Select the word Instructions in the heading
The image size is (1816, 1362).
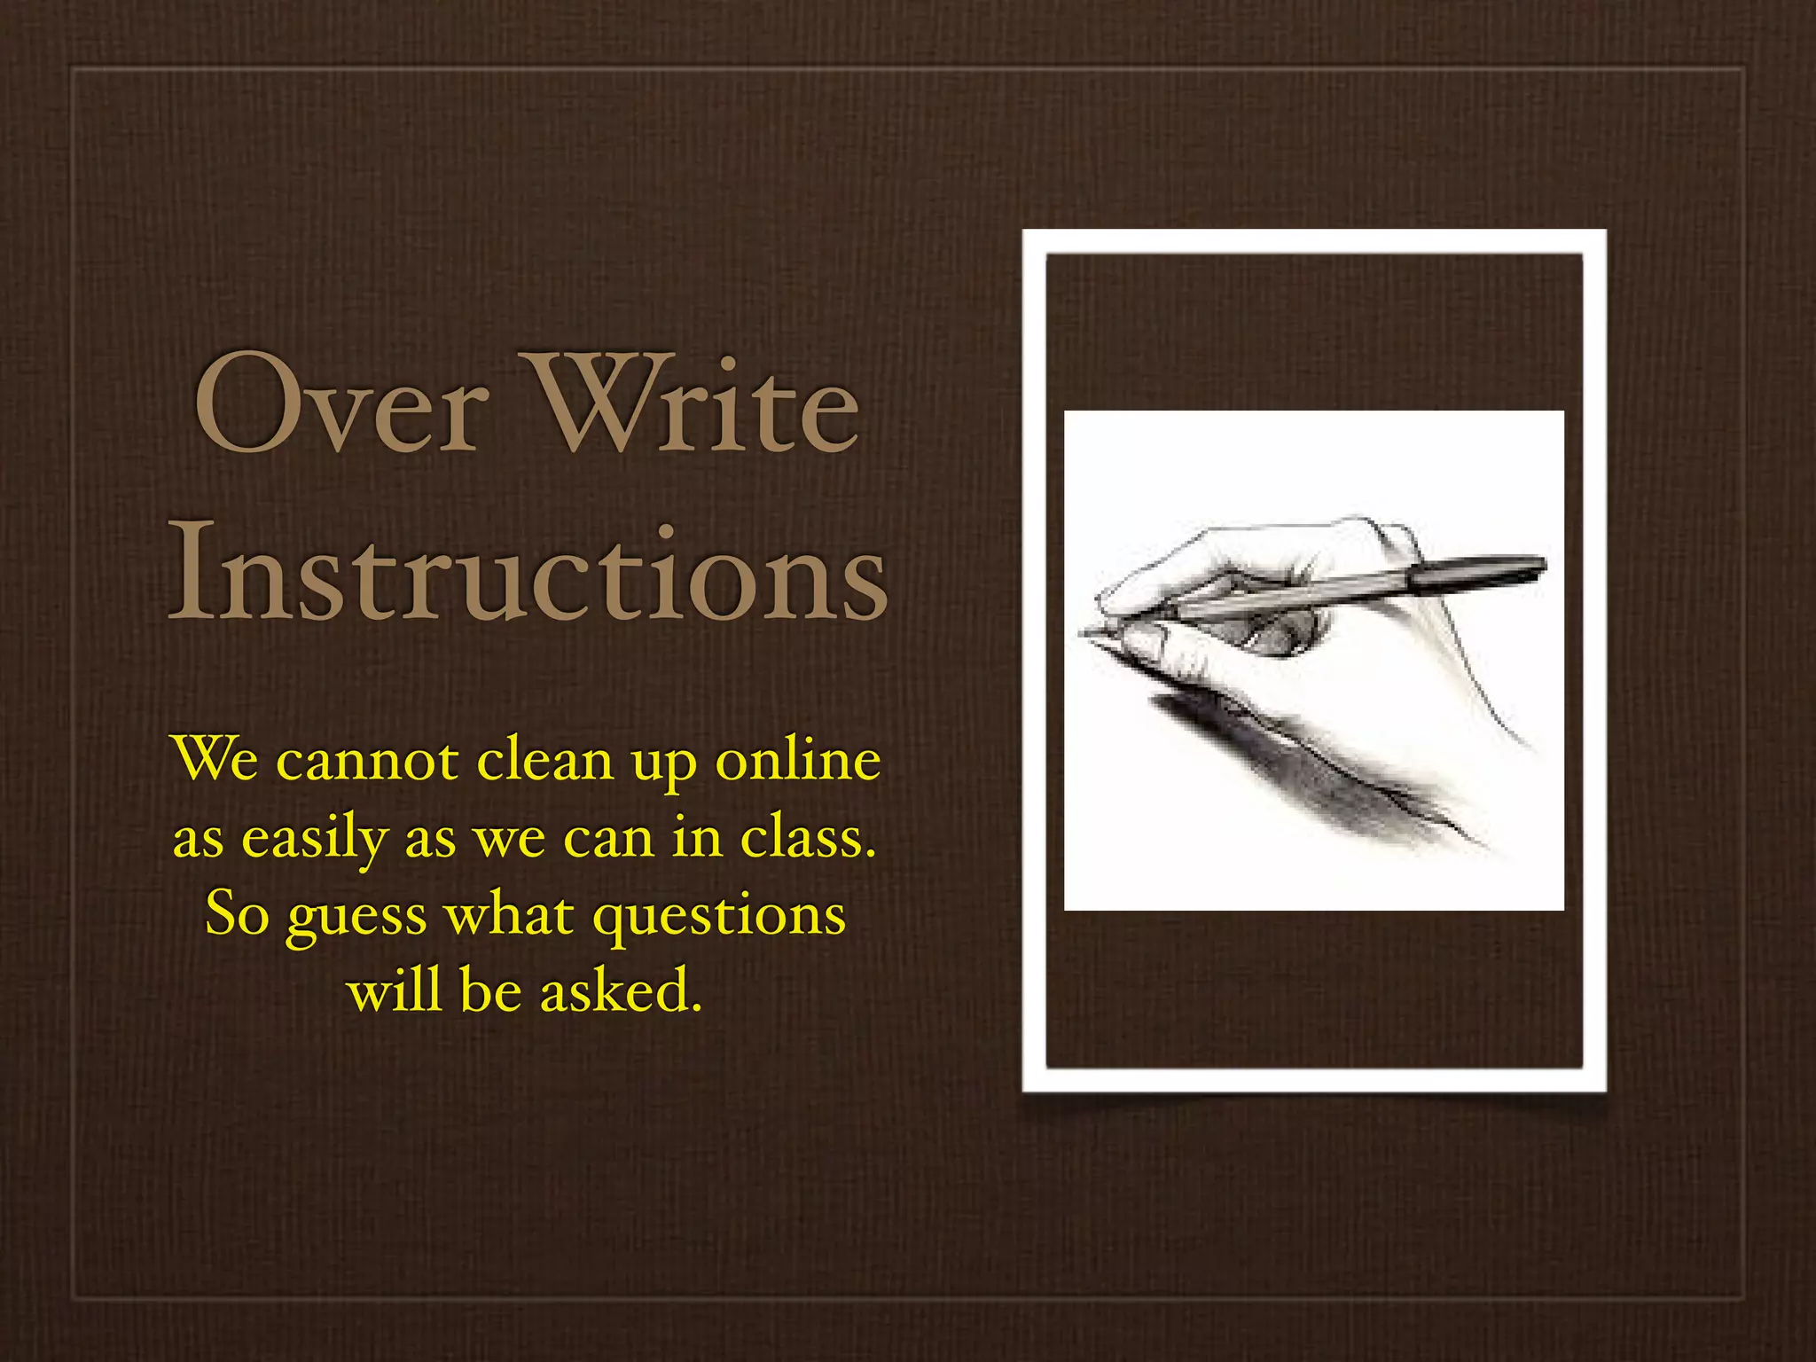tap(528, 572)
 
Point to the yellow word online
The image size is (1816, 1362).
tap(798, 760)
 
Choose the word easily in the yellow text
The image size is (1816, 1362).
tap(316, 838)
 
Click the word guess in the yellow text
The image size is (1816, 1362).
tap(356, 916)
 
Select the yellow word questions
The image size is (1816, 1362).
tap(718, 916)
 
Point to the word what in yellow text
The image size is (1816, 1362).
tap(509, 914)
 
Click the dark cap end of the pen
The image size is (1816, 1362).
tap(1507, 567)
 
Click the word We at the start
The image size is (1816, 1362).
tap(215, 760)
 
